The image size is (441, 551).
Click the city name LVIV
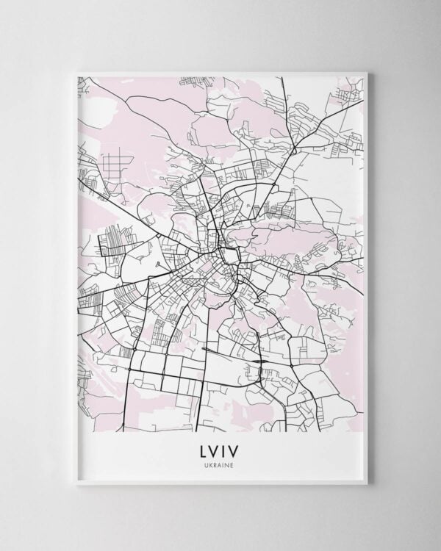220,448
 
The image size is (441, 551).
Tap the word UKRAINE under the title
220,462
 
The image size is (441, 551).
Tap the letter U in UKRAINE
209,462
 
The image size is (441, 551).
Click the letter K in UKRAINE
212,462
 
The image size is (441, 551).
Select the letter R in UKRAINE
217,462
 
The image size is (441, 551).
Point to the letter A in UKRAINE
220,462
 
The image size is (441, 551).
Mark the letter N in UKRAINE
228,462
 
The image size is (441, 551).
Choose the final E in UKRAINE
232,462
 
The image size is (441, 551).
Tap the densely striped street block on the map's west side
114,243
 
